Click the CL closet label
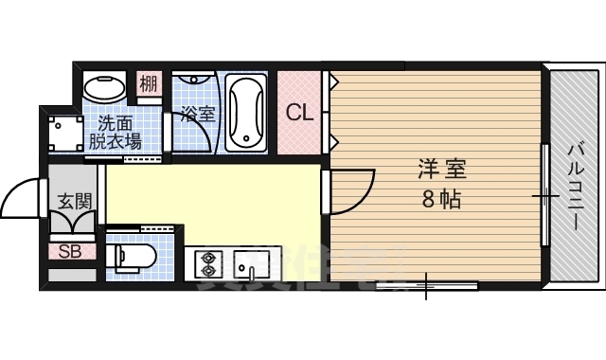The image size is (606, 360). coord(300,113)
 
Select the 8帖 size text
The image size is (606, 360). coord(442,200)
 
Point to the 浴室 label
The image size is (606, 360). coord(198,115)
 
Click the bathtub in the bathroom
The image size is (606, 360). coord(248,114)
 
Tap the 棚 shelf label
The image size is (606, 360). coord(149,84)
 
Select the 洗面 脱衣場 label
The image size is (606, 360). coord(116,133)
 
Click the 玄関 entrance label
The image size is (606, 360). coord(73,201)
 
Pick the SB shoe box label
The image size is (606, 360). coord(70,251)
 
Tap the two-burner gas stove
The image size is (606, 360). coord(208,262)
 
